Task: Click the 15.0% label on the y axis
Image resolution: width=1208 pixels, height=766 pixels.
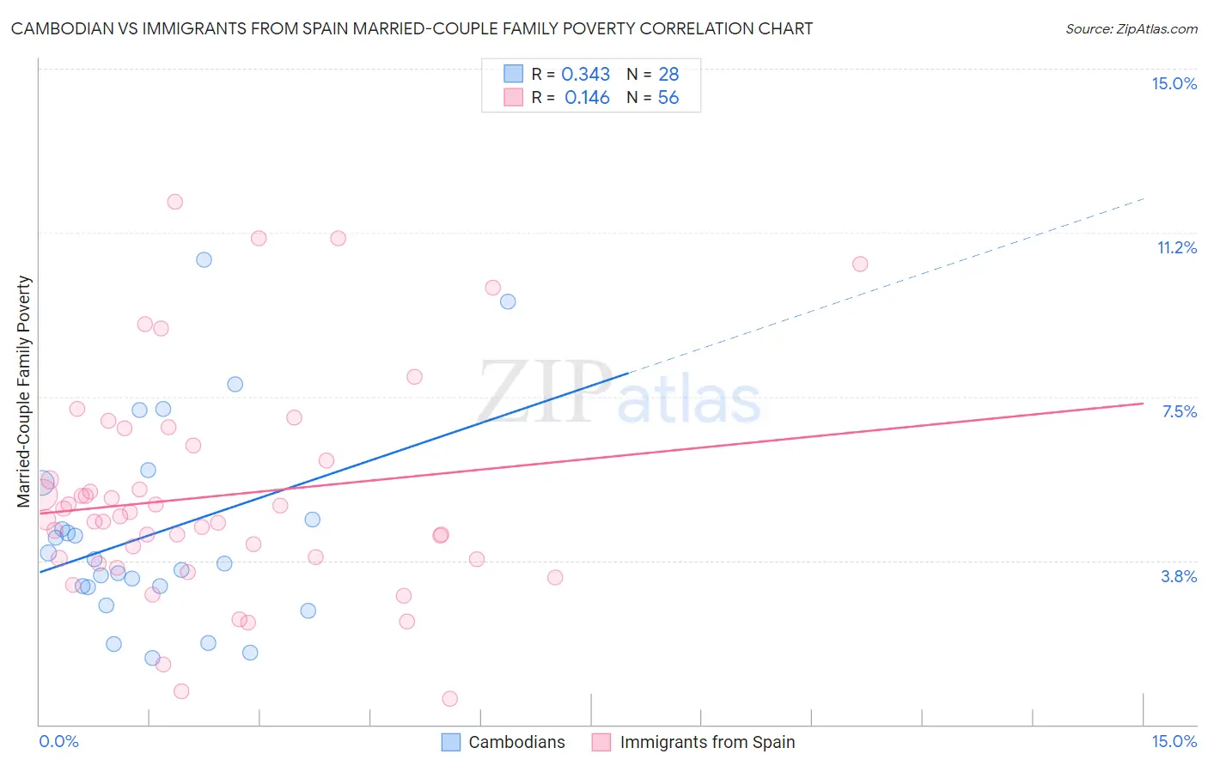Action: pos(1174,83)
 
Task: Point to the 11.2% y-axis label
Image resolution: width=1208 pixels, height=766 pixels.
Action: pos(1176,247)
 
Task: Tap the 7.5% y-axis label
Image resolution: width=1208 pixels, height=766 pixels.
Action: pos(1179,411)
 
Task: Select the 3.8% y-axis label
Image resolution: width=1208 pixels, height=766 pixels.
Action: pos(1179,576)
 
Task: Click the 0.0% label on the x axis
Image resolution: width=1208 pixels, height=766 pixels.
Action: pos(58,741)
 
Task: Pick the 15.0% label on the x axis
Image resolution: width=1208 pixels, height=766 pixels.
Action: pos(1174,741)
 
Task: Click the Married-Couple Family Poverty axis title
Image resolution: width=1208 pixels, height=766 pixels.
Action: pos(24,391)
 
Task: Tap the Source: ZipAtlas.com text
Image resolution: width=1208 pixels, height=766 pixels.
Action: pos(1131,28)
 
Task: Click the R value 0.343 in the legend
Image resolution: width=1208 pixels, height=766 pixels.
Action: pos(585,75)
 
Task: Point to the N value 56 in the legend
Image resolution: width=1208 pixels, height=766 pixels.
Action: pos(668,98)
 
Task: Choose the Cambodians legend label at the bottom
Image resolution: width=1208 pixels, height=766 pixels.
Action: pos(516,742)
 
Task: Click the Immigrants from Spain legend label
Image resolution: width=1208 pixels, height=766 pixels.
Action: pos(707,742)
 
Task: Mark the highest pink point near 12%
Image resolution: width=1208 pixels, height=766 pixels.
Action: pos(174,202)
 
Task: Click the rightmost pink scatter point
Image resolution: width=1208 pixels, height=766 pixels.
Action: pos(860,264)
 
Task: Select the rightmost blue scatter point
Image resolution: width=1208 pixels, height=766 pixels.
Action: pos(508,301)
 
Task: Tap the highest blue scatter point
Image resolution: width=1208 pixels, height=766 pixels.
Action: pos(204,259)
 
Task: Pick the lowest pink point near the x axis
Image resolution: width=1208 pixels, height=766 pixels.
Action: pos(449,699)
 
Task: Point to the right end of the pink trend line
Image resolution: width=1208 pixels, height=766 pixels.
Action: pos(1143,403)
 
